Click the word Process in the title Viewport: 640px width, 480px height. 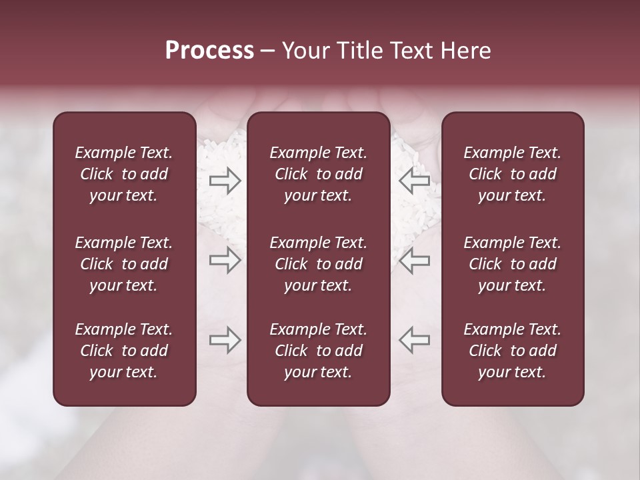click(209, 51)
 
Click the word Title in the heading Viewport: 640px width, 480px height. click(359, 51)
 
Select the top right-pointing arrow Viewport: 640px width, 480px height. click(225, 180)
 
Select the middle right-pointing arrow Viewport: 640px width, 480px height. click(225, 260)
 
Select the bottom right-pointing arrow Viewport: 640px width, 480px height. click(225, 340)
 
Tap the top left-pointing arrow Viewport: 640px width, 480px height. click(414, 180)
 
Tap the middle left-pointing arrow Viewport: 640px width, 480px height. click(414, 260)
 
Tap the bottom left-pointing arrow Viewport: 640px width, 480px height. click(414, 340)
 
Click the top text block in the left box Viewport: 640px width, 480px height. click(124, 174)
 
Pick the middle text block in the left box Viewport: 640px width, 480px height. click(124, 264)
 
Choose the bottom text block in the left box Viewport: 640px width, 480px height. click(124, 351)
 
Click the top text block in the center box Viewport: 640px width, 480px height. click(318, 174)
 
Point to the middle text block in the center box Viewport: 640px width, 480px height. click(318, 264)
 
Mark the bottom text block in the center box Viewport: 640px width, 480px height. click(318, 351)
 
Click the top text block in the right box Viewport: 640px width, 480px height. click(512, 174)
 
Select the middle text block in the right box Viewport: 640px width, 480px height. click(512, 264)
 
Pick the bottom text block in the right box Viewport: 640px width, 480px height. click(512, 351)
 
